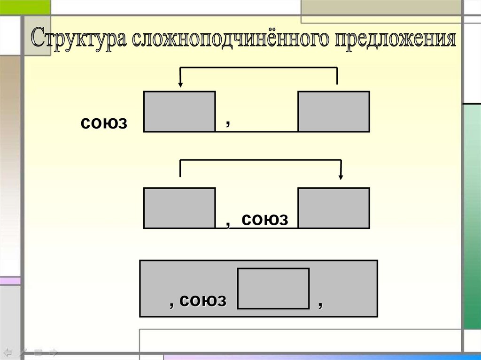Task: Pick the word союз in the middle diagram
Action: (264, 219)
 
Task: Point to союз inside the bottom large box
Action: (202, 301)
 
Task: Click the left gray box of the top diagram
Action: (179, 112)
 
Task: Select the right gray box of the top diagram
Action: (334, 112)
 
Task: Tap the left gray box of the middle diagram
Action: (179, 208)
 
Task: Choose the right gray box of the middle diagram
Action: (334, 208)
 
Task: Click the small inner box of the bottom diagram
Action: (273, 288)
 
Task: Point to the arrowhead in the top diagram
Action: (180, 84)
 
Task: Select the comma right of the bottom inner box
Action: (320, 305)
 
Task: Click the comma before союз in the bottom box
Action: (172, 304)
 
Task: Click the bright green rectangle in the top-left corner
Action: (25, 7)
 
